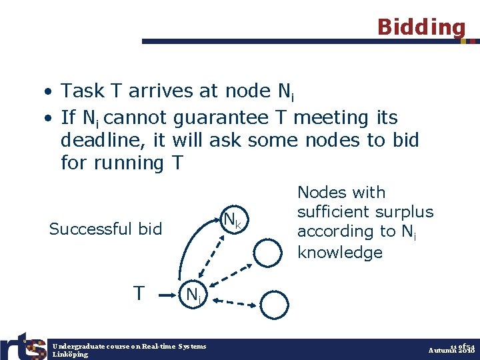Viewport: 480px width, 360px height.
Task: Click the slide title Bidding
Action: pos(421,27)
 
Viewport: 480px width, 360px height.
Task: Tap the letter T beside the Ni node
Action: pos(138,293)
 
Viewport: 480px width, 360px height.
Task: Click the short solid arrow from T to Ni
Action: pos(169,292)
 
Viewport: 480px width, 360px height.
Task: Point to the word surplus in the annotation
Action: pos(403,212)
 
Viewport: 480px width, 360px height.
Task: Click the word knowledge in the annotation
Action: pos(340,252)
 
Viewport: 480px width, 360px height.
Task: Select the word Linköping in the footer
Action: pos(70,355)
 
